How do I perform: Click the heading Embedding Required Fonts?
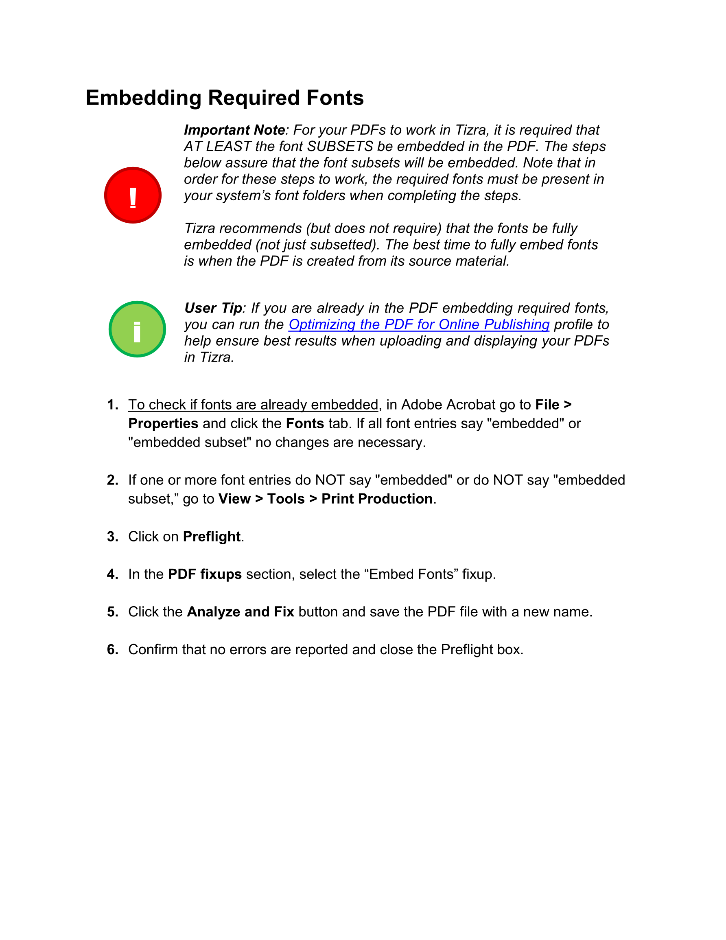pyautogui.click(x=225, y=98)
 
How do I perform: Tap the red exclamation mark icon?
pyautogui.click(x=133, y=195)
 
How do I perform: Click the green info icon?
pyautogui.click(x=137, y=329)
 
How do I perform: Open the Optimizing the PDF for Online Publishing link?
pyautogui.click(x=419, y=324)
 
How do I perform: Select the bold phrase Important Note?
pyautogui.click(x=234, y=130)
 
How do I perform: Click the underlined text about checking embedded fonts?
pyautogui.click(x=253, y=405)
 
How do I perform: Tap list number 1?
pyautogui.click(x=113, y=405)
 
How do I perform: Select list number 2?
pyautogui.click(x=113, y=480)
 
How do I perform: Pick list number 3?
pyautogui.click(x=113, y=537)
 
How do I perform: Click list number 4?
pyautogui.click(x=113, y=574)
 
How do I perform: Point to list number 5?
pyautogui.click(x=113, y=612)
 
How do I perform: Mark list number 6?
pyautogui.click(x=113, y=650)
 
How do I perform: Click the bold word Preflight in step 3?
pyautogui.click(x=212, y=537)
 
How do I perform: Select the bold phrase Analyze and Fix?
pyautogui.click(x=241, y=612)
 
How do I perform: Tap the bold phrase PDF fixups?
pyautogui.click(x=205, y=574)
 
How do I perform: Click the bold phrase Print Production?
pyautogui.click(x=377, y=499)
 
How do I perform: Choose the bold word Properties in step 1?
pyautogui.click(x=164, y=424)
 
